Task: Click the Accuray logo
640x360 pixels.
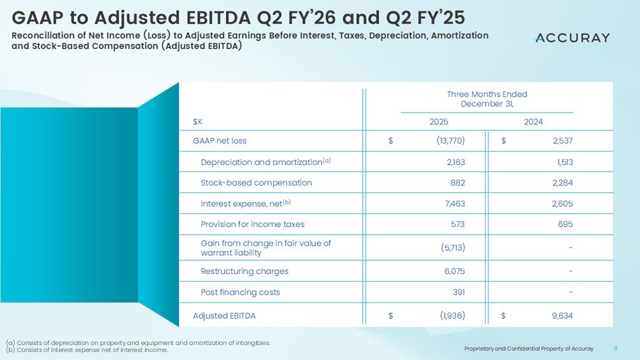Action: click(572, 38)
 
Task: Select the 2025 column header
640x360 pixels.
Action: click(439, 122)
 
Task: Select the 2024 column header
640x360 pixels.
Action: click(533, 122)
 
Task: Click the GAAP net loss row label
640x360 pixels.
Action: click(220, 140)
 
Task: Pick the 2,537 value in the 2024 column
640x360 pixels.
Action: click(560, 140)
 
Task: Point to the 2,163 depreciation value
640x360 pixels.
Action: click(452, 162)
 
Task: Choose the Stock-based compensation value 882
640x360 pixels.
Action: click(457, 183)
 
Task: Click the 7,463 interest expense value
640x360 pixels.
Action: click(452, 203)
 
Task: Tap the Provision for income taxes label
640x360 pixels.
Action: click(252, 224)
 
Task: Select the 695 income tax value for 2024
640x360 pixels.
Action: click(564, 224)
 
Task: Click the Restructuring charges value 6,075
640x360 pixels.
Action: click(452, 271)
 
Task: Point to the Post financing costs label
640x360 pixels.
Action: click(240, 292)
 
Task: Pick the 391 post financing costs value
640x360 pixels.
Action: click(458, 292)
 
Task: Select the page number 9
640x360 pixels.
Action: click(615, 349)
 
